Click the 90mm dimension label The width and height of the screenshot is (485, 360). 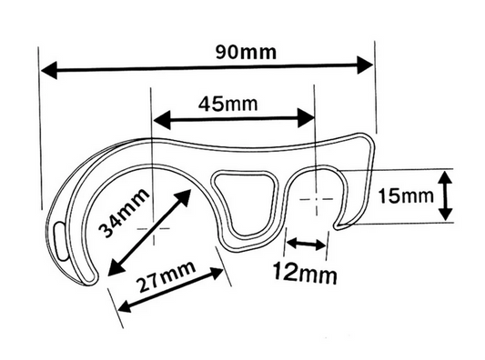[246, 51]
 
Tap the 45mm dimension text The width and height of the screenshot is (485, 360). [227, 103]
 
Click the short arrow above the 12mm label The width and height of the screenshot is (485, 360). [307, 244]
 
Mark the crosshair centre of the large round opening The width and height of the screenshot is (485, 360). [153, 229]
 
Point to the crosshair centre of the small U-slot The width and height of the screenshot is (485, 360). [314, 196]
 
